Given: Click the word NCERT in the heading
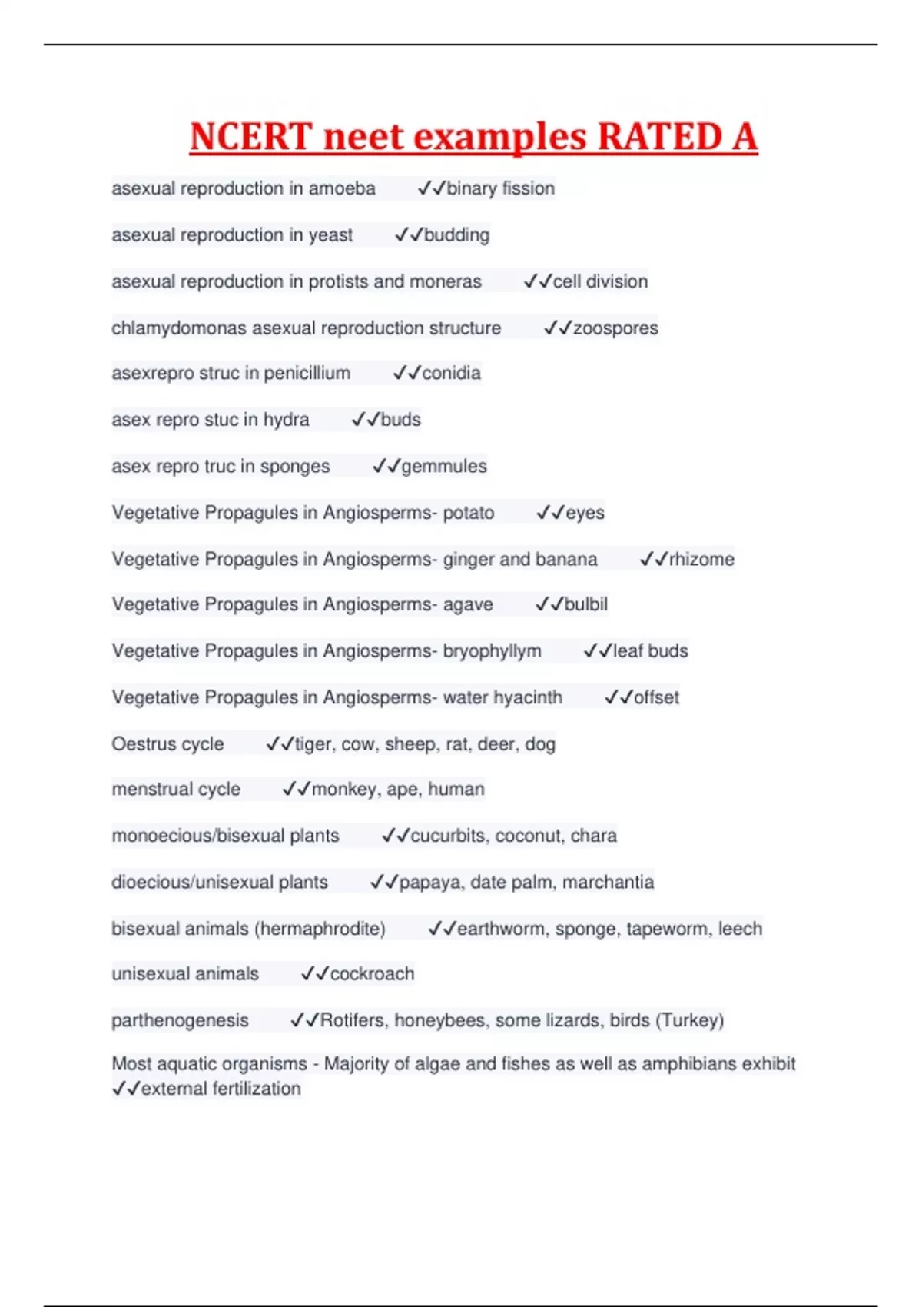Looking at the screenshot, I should pos(250,137).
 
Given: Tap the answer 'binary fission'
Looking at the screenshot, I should pos(500,188).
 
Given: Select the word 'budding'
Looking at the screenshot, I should pos(456,234).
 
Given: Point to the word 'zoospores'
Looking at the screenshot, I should pos(615,328).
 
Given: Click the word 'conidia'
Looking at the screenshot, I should pos(451,373).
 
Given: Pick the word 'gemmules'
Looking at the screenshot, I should pos(444,466).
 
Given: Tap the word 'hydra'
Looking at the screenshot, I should pos(286,420).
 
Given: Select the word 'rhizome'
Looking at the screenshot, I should pos(701,559).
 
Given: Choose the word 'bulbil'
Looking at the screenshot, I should pos(586,604).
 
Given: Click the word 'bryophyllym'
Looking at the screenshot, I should pos(492,651).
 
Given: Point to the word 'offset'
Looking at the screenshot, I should pos(656,697).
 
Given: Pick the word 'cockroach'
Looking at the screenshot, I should pos(372,973).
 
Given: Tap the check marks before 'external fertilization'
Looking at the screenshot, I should pos(126,1089).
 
